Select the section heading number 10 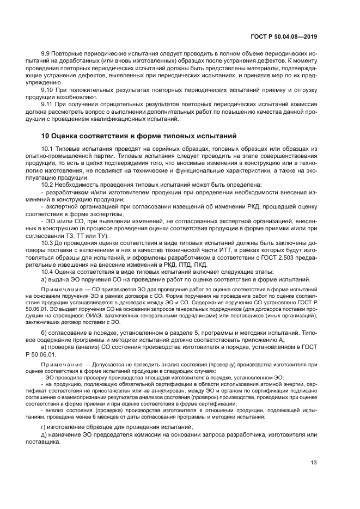pos(46,136)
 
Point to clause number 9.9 pos(46,55)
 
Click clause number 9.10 pos(48,89)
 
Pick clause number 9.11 pos(48,103)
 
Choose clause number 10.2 pos(48,185)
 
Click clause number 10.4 pos(48,271)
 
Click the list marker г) pos(44,428)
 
